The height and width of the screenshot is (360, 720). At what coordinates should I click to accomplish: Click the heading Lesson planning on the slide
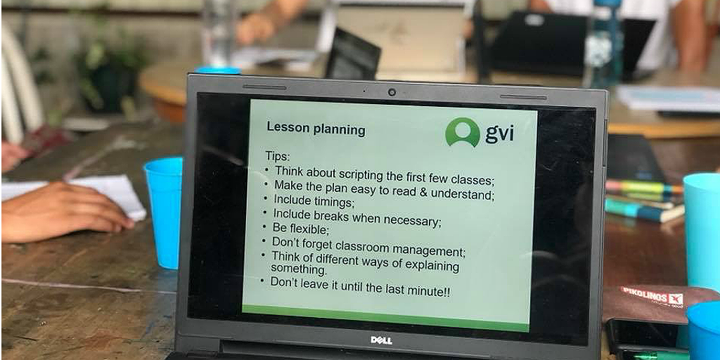[316, 128]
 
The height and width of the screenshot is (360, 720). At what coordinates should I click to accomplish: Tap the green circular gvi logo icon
[463, 131]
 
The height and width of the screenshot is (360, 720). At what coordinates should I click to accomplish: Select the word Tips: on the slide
[278, 155]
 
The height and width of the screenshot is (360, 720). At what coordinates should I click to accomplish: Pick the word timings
[334, 201]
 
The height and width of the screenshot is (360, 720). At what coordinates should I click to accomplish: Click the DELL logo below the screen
[380, 340]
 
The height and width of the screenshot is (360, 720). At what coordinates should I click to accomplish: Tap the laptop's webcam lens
[391, 92]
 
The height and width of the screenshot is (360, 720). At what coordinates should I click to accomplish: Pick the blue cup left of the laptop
[164, 212]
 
